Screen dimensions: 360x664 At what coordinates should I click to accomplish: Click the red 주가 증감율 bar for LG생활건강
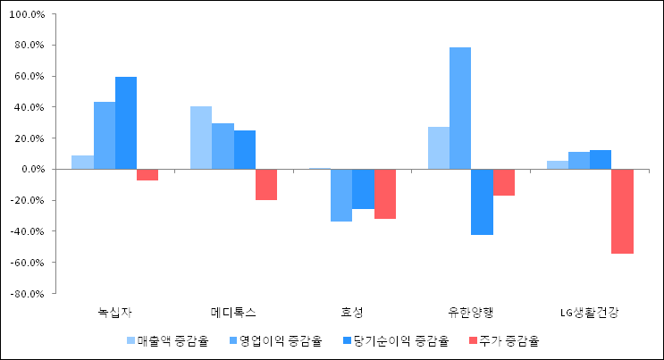tap(622, 211)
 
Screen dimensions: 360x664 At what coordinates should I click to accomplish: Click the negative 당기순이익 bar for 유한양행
tap(482, 202)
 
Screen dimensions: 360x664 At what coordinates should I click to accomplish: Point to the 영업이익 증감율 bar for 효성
tap(341, 195)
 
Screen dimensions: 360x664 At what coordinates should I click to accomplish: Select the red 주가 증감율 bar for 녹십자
tap(147, 175)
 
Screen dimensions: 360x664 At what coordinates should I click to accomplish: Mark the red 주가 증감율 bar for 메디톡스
tap(266, 184)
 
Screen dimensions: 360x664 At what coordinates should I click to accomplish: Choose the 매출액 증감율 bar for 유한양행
tap(439, 148)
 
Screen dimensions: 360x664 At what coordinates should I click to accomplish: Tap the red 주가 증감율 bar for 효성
tap(385, 194)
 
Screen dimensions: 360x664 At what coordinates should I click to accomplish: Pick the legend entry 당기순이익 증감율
tap(392, 340)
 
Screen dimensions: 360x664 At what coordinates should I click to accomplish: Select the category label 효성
tap(352, 313)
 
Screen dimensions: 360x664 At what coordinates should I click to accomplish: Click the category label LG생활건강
tap(589, 313)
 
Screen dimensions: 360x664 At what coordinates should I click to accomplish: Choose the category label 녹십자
tap(114, 313)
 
